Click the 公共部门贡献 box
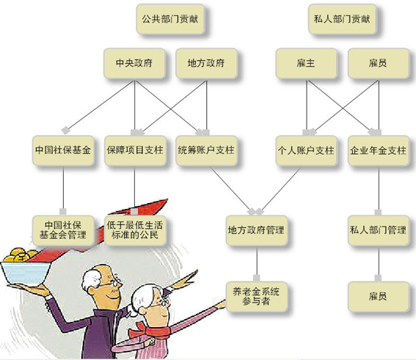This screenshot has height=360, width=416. tap(170, 19)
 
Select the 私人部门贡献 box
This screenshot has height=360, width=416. tap(342, 19)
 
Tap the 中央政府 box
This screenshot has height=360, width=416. tap(134, 63)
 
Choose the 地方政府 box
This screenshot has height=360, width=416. tap(206, 63)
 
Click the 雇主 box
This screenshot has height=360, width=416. tap(306, 63)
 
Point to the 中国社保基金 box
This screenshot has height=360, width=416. tap(63, 150)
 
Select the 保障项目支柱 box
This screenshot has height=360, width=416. tap(135, 150)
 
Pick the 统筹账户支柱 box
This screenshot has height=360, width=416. tap(206, 150)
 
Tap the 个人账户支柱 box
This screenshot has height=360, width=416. tap(306, 150)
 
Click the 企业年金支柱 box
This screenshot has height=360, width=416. tap(379, 150)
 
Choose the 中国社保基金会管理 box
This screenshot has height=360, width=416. tap(63, 230)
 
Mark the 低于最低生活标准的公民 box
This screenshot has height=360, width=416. tap(135, 230)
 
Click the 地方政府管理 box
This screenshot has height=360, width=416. tap(257, 230)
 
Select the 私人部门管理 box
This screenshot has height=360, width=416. tap(379, 230)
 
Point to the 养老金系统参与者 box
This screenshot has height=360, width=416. tap(257, 296)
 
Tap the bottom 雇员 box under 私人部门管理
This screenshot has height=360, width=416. tap(379, 296)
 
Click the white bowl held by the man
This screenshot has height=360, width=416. tap(26, 273)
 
